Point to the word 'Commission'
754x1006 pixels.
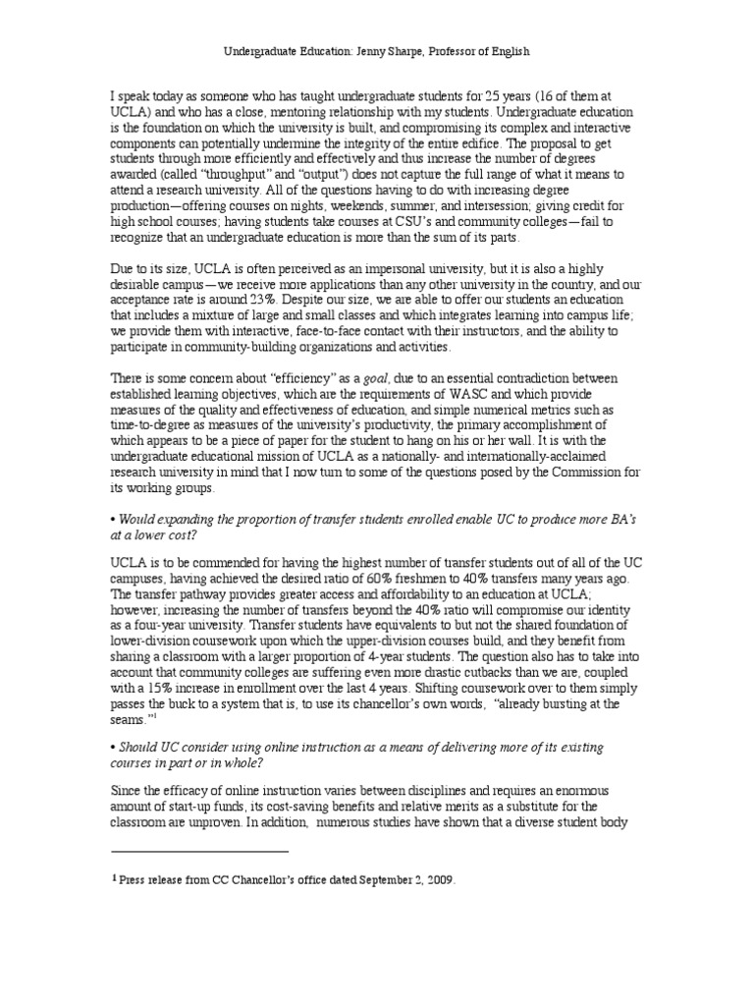tap(581, 479)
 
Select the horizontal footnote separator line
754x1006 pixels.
tap(199, 851)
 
